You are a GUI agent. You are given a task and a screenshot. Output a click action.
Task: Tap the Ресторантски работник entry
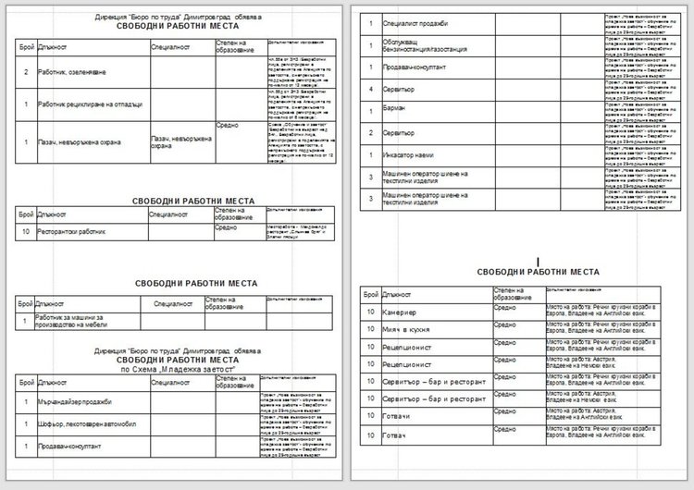click(72, 232)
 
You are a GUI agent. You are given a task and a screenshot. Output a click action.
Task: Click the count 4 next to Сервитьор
click(370, 90)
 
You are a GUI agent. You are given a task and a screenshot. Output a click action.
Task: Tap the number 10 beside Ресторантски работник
click(26, 232)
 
